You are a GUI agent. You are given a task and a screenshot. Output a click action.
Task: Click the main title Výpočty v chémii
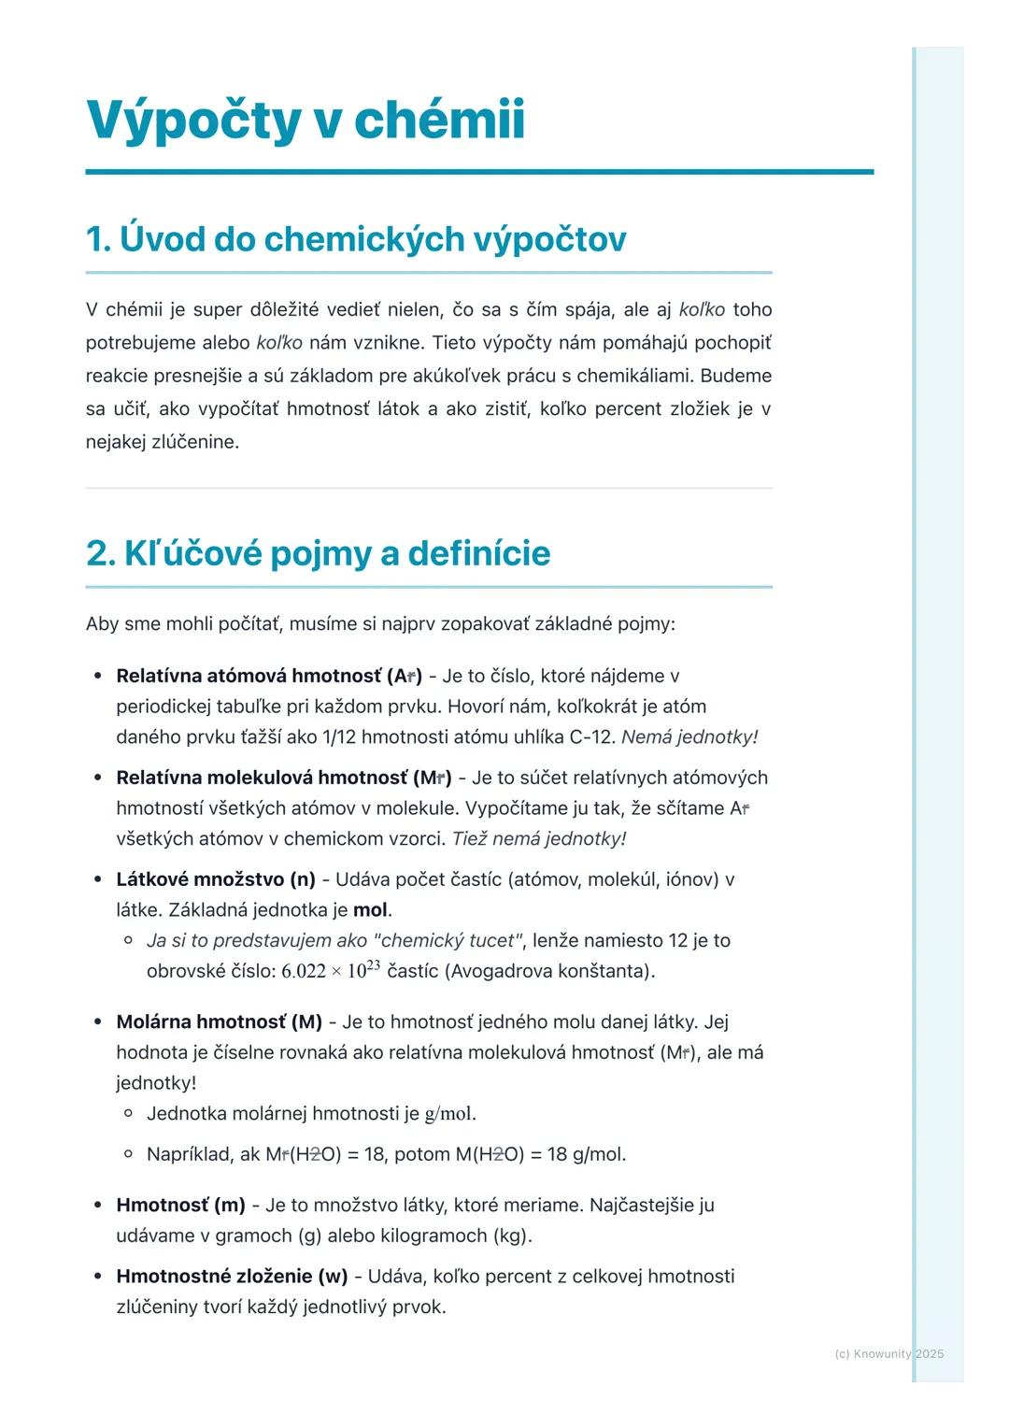306,120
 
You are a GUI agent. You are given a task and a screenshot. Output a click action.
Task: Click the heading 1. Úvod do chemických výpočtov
355,238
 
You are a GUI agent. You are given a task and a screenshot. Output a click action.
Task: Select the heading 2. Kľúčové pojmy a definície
318,553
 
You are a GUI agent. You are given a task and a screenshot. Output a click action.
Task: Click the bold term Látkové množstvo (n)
216,879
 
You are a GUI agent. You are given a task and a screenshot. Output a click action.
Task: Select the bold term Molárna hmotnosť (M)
219,1021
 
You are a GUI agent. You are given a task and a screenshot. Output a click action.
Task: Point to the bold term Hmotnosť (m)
180,1205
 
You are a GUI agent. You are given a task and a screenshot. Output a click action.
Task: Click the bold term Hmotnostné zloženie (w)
232,1276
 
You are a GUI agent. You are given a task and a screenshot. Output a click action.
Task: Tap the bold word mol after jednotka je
370,909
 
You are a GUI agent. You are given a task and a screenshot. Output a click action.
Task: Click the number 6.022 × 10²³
330,970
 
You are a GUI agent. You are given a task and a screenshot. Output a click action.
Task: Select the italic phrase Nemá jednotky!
689,736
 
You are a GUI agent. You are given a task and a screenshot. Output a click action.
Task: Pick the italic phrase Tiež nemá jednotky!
539,838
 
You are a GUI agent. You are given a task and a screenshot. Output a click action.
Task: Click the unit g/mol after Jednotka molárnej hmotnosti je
448,1113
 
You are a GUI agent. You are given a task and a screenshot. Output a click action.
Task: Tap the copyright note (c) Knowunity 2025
888,1353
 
